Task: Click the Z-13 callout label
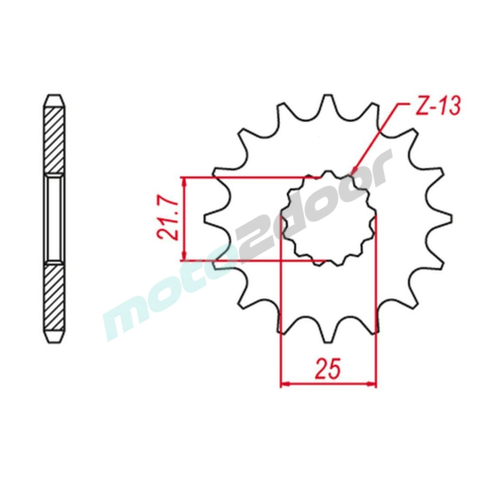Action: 438,107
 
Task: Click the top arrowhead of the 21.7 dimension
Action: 185,182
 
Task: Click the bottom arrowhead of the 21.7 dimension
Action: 185,255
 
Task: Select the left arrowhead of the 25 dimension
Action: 285,384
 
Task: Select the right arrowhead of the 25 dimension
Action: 372,384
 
